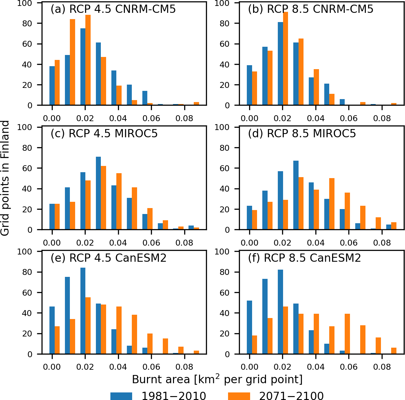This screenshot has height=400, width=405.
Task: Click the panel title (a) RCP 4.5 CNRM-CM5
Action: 113,9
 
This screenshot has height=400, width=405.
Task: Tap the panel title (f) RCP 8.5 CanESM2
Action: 304,258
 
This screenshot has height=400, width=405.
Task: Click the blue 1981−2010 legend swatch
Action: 121,396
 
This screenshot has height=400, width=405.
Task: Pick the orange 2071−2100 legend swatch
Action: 239,396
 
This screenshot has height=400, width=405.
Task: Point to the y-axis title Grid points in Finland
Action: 5,178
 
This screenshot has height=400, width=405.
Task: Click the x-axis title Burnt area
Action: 217,380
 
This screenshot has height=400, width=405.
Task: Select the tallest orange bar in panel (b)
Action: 285,59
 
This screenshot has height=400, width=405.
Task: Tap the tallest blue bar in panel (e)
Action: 83,311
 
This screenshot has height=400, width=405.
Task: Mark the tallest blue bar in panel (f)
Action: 280,312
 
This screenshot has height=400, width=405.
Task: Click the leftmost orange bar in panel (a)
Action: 57,83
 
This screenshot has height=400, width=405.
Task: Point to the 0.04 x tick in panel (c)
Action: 118,243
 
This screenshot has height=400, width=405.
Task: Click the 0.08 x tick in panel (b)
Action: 382,119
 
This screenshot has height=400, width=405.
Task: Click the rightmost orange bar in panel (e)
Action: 196,352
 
